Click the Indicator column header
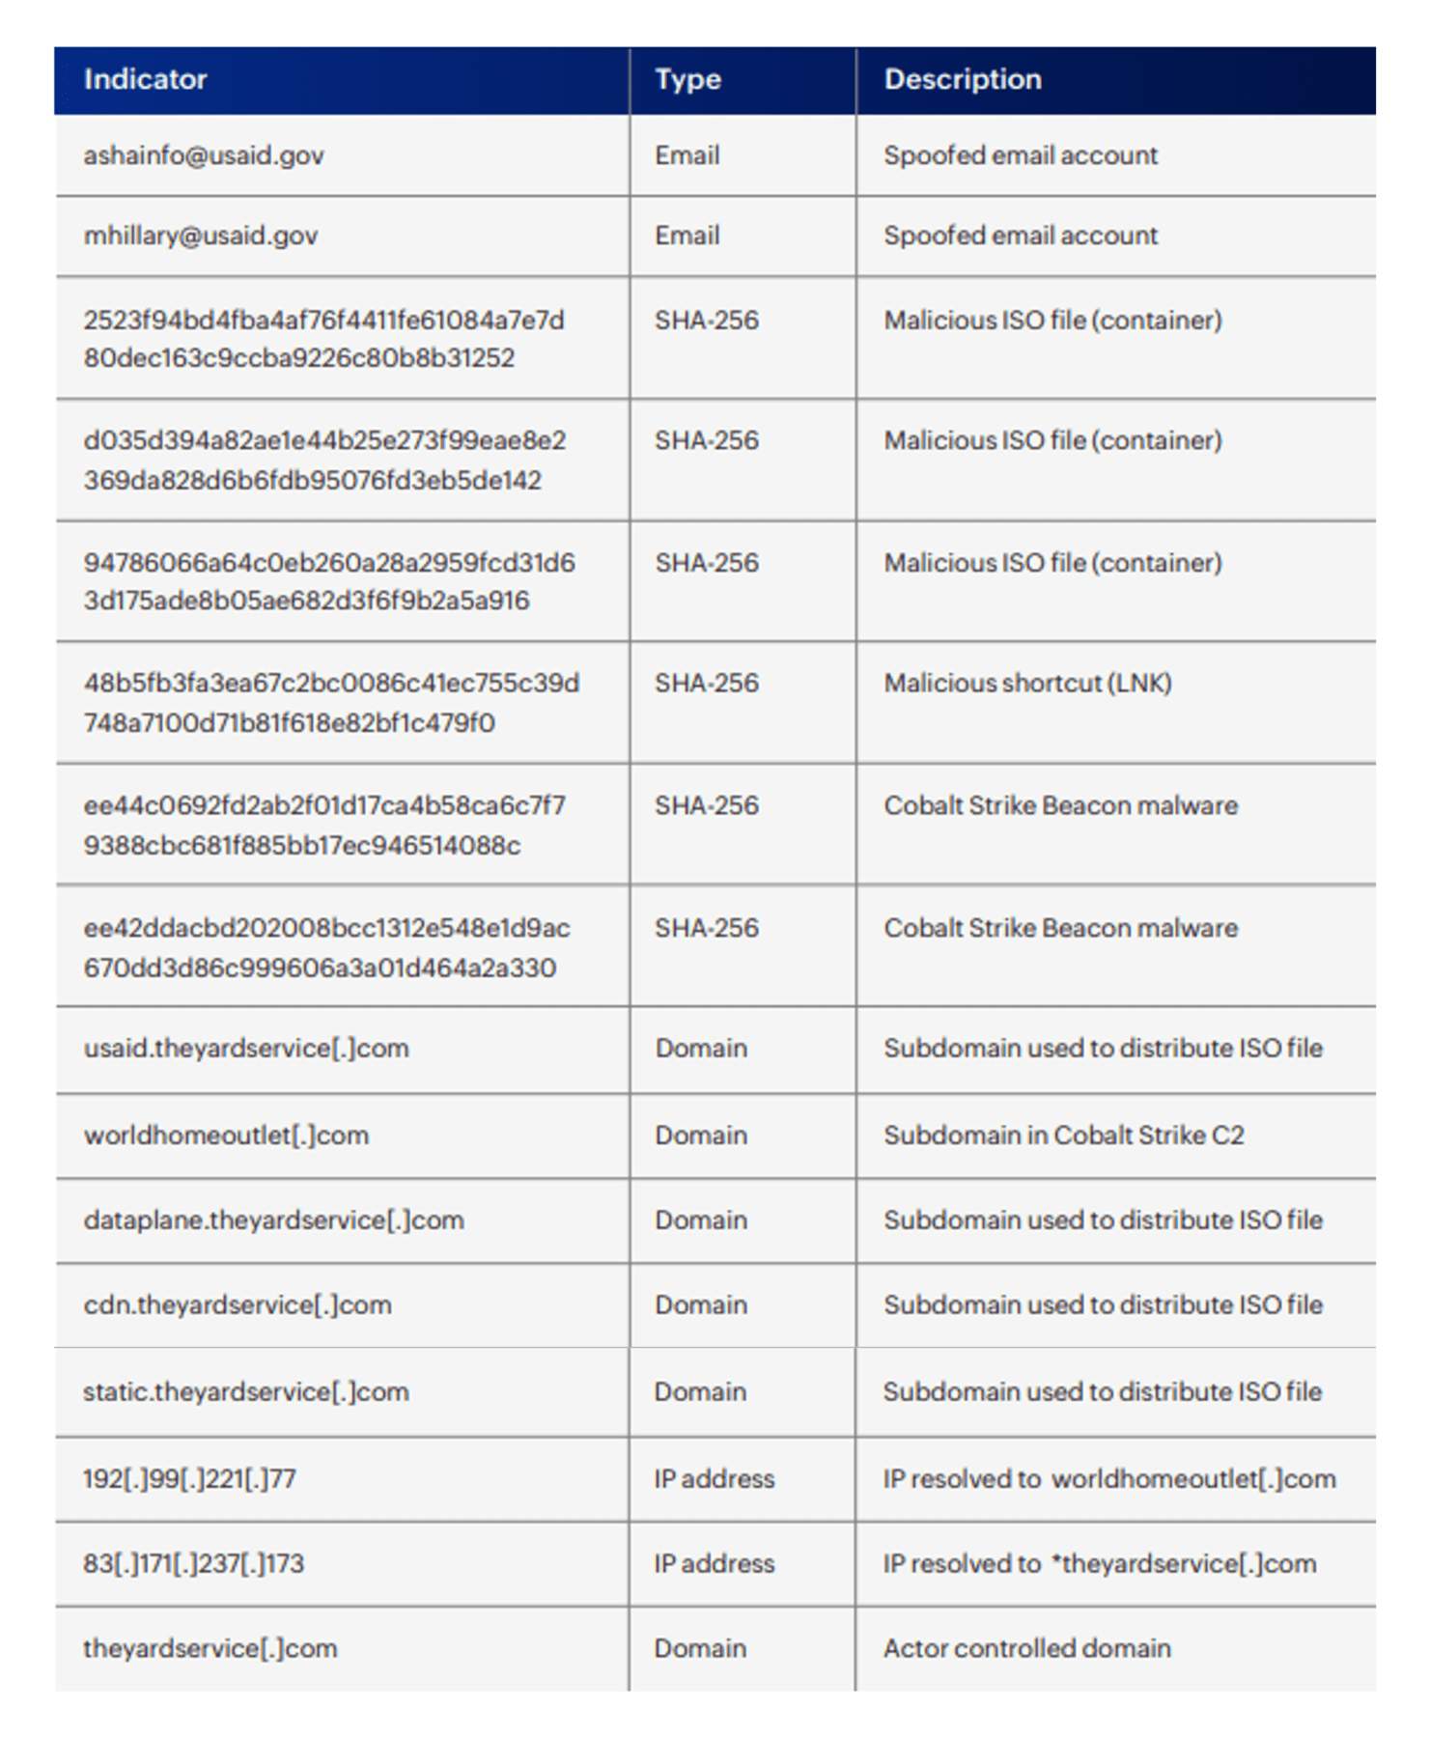pyautogui.click(x=145, y=79)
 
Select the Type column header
pyautogui.click(x=687, y=79)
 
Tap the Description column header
pyautogui.click(x=963, y=79)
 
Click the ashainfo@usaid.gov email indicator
pyautogui.click(x=204, y=155)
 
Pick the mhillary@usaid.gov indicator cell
pyautogui.click(x=201, y=236)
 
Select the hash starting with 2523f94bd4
pyautogui.click(x=323, y=339)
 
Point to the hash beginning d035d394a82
pyautogui.click(x=324, y=460)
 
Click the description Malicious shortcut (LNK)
pyautogui.click(x=1027, y=684)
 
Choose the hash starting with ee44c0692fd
pyautogui.click(x=324, y=826)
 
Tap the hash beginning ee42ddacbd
pyautogui.click(x=326, y=947)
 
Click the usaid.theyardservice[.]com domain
pyautogui.click(x=246, y=1049)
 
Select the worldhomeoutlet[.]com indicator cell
pyautogui.click(x=226, y=1135)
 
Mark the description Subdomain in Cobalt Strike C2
pyautogui.click(x=1063, y=1135)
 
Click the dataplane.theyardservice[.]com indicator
pyautogui.click(x=273, y=1220)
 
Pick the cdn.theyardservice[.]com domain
pyautogui.click(x=238, y=1305)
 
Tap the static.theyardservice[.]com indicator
pyautogui.click(x=246, y=1392)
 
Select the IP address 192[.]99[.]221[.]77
pyautogui.click(x=189, y=1479)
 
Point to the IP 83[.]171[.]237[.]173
pyautogui.click(x=193, y=1564)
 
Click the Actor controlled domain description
pyautogui.click(x=1026, y=1649)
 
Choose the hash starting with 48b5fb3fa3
pyautogui.click(x=331, y=703)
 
